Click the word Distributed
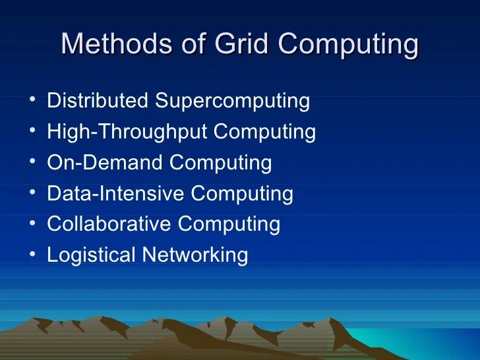point(98,102)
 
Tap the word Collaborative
point(109,224)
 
